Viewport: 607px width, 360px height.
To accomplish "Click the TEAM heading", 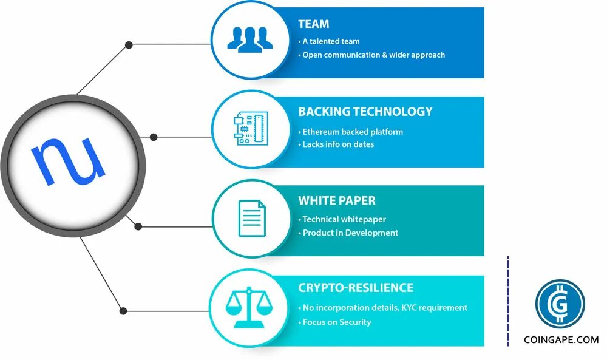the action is [313, 24].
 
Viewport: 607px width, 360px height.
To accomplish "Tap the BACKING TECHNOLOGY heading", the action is [365, 112].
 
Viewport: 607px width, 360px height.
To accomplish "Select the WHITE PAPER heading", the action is [336, 200].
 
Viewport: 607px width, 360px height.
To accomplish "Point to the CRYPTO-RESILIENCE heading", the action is [356, 288].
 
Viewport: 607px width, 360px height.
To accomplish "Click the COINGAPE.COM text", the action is [561, 340].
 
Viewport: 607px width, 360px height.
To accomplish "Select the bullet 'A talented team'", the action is [331, 42].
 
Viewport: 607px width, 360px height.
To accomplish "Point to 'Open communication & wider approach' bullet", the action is [373, 55].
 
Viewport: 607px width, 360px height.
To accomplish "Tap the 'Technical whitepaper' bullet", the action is [344, 219].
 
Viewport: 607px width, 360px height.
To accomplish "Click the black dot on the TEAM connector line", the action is [128, 44].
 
